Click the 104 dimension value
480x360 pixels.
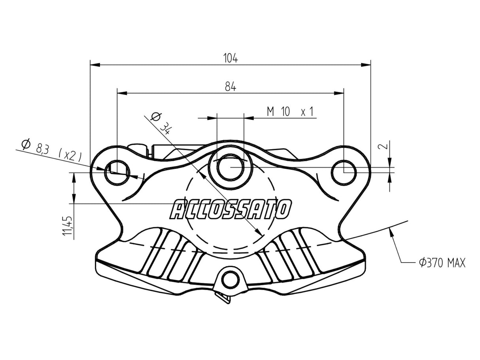tap(231, 58)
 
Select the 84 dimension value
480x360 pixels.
tap(231, 87)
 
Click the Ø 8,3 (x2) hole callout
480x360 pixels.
tap(51, 150)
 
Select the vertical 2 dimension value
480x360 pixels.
tap(382, 146)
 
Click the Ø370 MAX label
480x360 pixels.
tap(442, 262)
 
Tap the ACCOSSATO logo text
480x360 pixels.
tap(231, 209)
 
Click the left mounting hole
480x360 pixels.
tap(117, 172)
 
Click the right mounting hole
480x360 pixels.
tap(344, 172)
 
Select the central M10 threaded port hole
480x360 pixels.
tap(231, 167)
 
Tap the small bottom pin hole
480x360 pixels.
tap(231, 279)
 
